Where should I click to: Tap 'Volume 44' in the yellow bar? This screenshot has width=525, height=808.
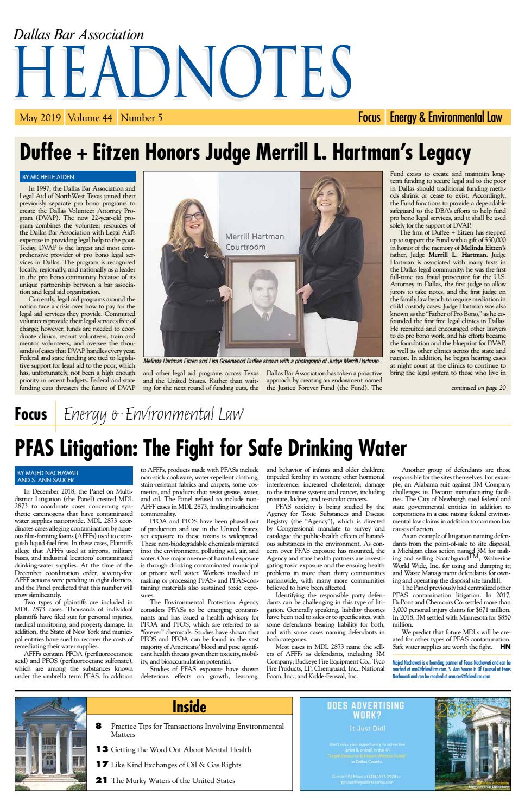90,117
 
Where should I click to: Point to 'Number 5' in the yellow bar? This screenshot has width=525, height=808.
141,117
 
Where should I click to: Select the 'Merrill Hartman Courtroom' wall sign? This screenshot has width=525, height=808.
255,242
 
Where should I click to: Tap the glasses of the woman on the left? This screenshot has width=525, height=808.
194,216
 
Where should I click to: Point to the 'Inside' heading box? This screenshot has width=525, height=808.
189,706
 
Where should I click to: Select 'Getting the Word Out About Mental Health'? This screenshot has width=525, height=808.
181,749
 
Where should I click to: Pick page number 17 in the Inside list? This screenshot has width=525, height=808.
102,765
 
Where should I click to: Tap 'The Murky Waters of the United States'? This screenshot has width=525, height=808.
173,780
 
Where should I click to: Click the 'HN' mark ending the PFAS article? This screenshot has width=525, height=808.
505,647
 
